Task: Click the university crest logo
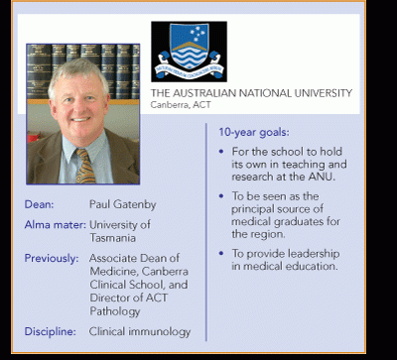point(189,52)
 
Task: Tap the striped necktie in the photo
point(84,166)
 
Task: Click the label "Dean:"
point(39,204)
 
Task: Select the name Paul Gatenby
point(123,204)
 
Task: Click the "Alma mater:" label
point(56,225)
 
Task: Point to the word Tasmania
point(112,238)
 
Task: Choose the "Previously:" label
point(52,258)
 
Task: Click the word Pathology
point(115,311)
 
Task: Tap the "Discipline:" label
point(51,331)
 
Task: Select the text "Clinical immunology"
point(140,331)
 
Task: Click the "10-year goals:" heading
point(254,133)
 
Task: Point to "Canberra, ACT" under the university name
point(181,105)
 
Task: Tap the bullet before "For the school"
point(221,152)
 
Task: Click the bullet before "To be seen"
point(221,196)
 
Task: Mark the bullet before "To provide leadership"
point(221,254)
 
